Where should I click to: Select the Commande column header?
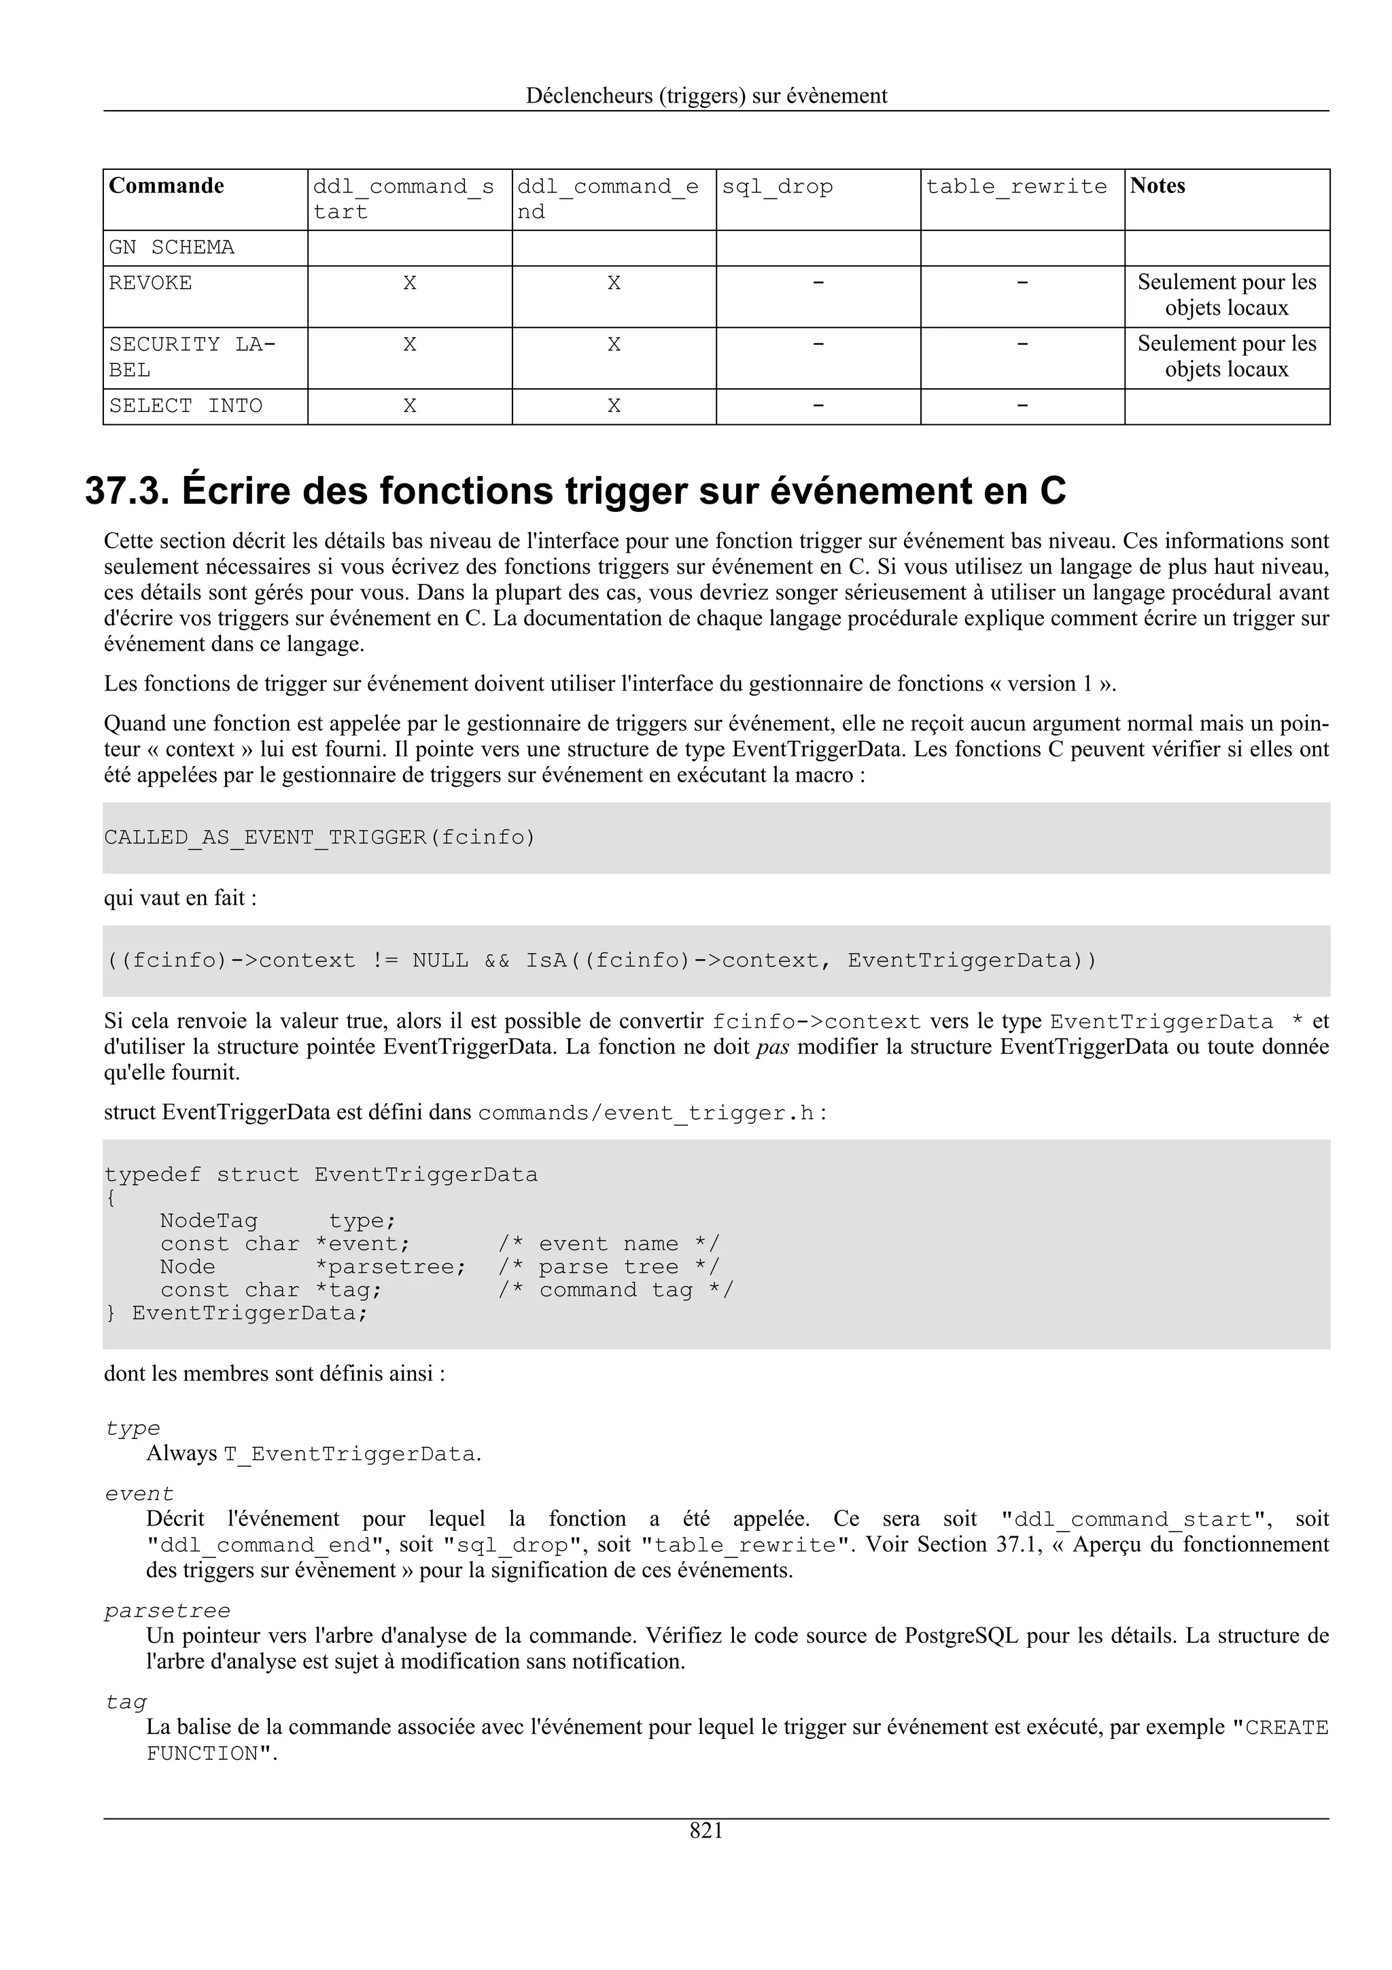(x=167, y=186)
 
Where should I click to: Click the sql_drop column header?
(x=777, y=187)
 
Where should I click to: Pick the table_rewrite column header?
(x=1016, y=187)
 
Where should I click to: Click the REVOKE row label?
(x=150, y=283)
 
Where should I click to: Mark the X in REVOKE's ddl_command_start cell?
(x=410, y=283)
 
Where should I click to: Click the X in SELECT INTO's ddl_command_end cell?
(x=614, y=406)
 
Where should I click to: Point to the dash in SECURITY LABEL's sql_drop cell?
(x=818, y=344)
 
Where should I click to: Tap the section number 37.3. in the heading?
(x=127, y=491)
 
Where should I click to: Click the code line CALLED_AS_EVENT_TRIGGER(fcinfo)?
(x=319, y=837)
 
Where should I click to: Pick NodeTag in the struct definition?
(x=209, y=1221)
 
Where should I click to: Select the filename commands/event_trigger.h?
(x=645, y=1113)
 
